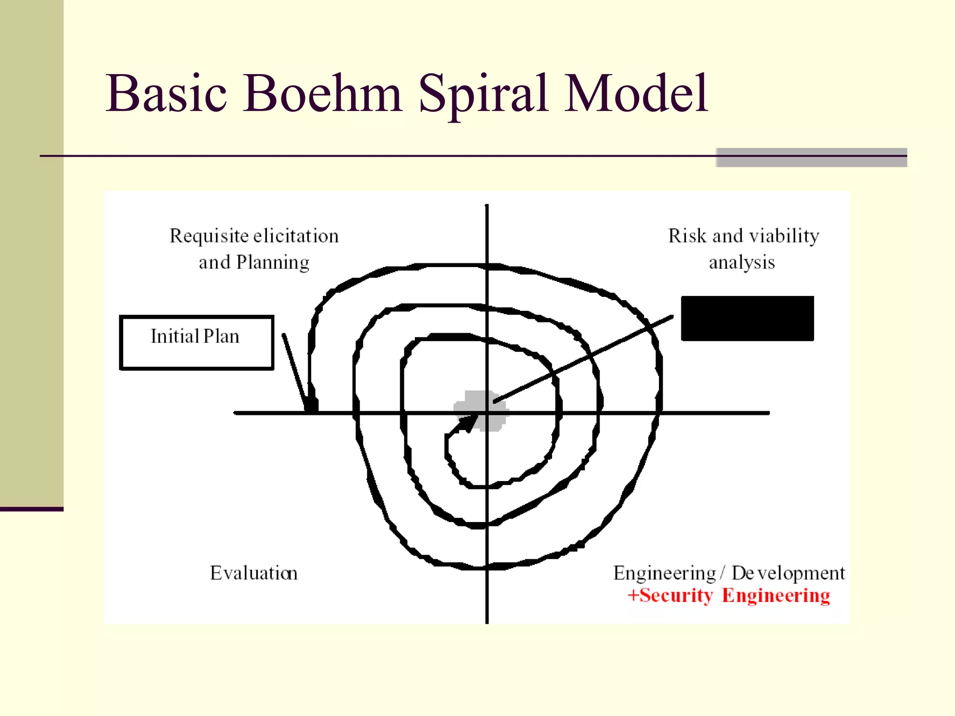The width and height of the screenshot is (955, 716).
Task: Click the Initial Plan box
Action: click(196, 343)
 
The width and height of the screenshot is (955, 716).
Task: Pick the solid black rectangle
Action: click(747, 318)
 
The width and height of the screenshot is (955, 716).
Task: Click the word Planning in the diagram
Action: click(273, 263)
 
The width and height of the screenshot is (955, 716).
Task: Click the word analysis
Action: click(742, 263)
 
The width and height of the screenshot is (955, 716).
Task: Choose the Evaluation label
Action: click(254, 573)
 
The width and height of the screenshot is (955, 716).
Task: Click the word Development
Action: click(788, 573)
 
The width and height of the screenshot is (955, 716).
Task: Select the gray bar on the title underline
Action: click(811, 157)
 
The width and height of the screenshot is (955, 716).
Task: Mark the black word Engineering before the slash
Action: click(664, 573)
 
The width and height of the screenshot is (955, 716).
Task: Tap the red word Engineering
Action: click(776, 596)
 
